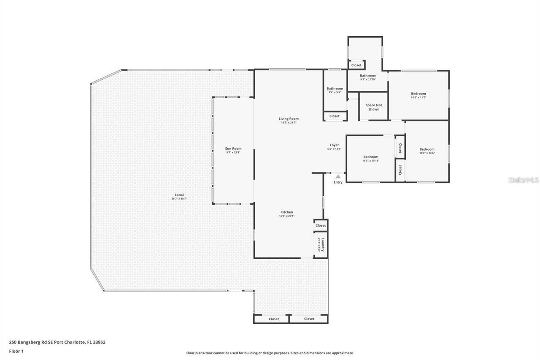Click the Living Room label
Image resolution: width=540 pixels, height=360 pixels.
pos(289,119)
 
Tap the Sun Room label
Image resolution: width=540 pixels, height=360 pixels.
pos(233,149)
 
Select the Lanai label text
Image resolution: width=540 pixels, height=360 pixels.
pos(179,195)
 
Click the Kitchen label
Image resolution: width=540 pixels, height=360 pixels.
pos(286,212)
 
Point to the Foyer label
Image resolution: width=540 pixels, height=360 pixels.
pos(334,145)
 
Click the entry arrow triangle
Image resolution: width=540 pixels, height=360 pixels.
pos(338,177)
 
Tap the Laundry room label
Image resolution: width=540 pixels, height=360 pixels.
pos(323,244)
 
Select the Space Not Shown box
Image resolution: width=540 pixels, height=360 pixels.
pos(373,107)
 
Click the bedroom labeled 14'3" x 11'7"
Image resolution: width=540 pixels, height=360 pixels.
pos(418,94)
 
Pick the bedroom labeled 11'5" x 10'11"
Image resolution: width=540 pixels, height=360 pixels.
pos(371,157)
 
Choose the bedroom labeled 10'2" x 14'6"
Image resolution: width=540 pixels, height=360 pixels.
pos(427,149)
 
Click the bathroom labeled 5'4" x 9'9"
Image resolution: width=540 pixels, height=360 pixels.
pos(335,89)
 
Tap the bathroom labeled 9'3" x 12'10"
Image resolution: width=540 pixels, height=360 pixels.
pos(368,76)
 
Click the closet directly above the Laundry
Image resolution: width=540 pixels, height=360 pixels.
pos(321,225)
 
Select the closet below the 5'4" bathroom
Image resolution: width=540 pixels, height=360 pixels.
pos(335,116)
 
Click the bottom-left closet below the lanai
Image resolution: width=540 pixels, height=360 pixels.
pos(274,319)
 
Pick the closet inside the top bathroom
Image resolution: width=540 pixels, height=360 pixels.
pos(356,65)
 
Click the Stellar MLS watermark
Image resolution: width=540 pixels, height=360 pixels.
pos(524,180)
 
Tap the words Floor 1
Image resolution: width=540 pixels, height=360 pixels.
pos(16,351)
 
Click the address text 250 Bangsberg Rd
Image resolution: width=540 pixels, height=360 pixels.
pos(57,342)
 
